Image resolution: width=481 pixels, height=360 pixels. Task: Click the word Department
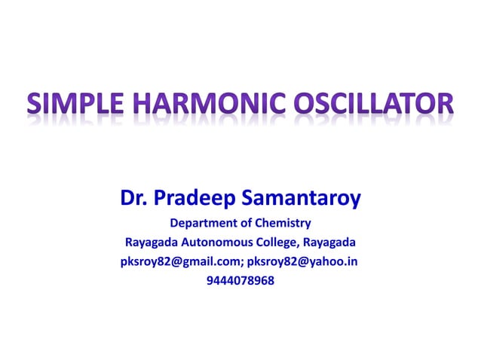point(199,223)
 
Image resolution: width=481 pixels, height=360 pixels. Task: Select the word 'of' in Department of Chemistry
point(242,223)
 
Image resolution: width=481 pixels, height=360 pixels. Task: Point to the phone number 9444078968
point(240,282)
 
